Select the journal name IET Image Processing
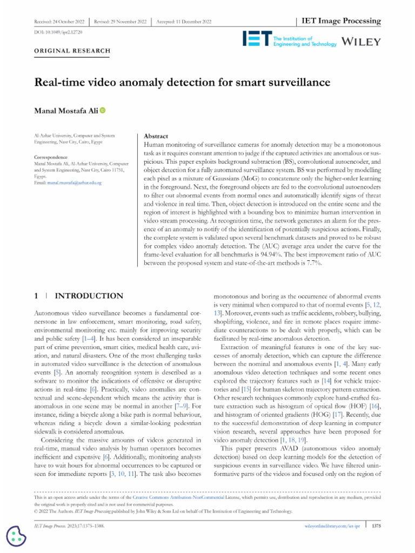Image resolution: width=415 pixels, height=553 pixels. pos(340,21)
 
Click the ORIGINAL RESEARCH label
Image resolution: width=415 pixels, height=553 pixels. pos(72,51)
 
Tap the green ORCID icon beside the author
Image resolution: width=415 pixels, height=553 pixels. pos(103,110)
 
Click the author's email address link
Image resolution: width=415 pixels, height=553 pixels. pos(75,183)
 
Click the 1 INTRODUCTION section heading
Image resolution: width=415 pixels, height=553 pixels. pos(79,296)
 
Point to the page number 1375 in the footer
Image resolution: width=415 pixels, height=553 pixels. pos(377,525)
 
